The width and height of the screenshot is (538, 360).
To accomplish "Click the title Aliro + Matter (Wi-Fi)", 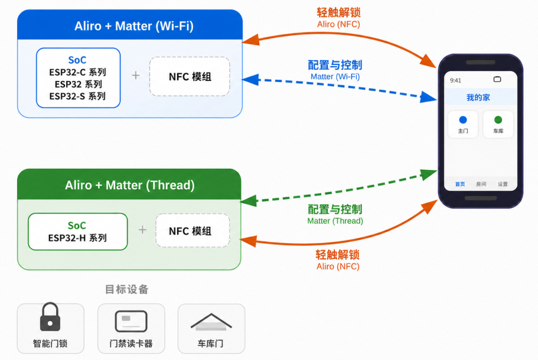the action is pyautogui.click(x=134, y=26).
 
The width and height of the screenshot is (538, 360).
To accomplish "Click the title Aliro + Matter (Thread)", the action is pyautogui.click(x=130, y=185).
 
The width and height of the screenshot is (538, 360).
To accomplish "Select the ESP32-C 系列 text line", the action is pyautogui.click(x=77, y=73).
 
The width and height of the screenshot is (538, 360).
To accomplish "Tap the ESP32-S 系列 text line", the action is pyautogui.click(x=77, y=96).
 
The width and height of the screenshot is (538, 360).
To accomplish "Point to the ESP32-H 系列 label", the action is pyautogui.click(x=77, y=238).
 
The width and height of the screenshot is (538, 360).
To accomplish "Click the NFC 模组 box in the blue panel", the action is pyautogui.click(x=190, y=77).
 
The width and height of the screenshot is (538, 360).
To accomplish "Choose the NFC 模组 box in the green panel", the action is pyautogui.click(x=193, y=230).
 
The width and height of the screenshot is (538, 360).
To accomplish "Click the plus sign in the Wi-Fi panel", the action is pyautogui.click(x=136, y=76).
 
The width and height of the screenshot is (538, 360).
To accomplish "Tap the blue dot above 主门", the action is pyautogui.click(x=463, y=120).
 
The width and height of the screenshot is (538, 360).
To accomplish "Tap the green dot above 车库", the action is pyautogui.click(x=498, y=120).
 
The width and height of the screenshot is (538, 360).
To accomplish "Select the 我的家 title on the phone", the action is pyautogui.click(x=478, y=98).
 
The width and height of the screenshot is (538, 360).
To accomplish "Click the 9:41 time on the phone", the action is pyautogui.click(x=456, y=81).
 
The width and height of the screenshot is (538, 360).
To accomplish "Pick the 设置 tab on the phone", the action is pyautogui.click(x=503, y=184).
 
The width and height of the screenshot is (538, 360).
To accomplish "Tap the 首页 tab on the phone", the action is pyautogui.click(x=460, y=184).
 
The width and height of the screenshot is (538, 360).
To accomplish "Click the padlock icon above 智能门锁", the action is pyautogui.click(x=50, y=317).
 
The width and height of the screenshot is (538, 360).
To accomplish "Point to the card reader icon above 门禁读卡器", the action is pyautogui.click(x=131, y=321).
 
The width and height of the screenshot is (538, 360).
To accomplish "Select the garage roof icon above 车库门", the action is pyautogui.click(x=211, y=322).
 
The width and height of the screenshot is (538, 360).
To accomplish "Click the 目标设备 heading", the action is pyautogui.click(x=126, y=289).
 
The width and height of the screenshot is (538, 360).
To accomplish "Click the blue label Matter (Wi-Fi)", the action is pyautogui.click(x=335, y=77).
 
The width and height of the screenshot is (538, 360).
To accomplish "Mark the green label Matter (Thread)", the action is pyautogui.click(x=335, y=221).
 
